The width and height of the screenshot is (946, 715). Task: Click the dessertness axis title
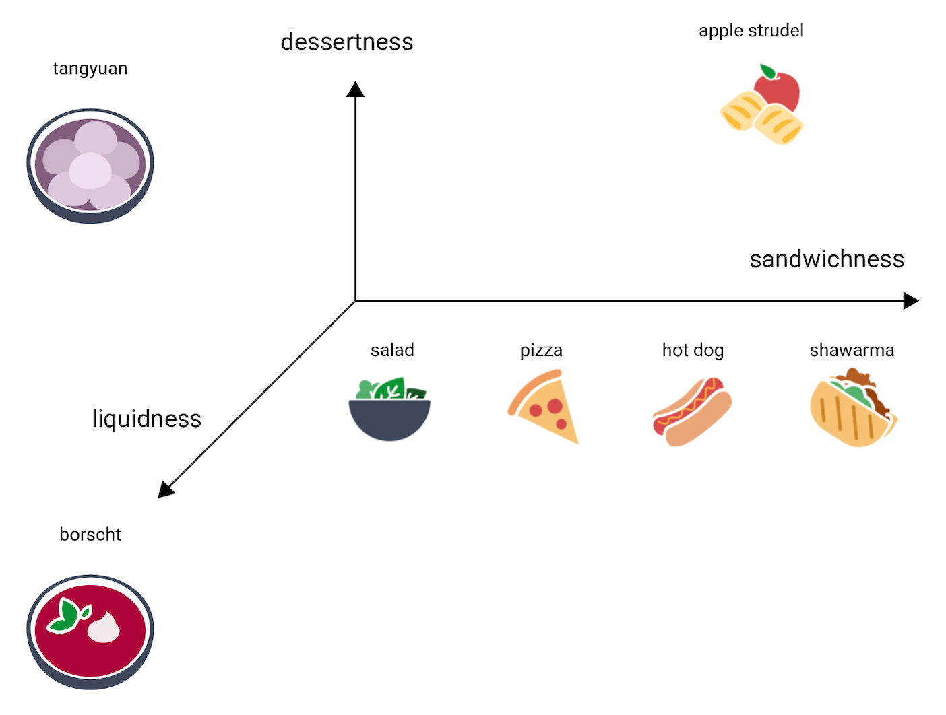click(x=346, y=42)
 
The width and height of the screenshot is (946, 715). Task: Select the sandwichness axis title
click(x=826, y=259)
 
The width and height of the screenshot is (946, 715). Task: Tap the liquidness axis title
click(x=146, y=419)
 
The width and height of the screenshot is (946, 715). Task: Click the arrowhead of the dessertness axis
click(x=355, y=89)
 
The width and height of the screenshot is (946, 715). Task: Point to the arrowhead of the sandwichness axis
click(x=911, y=301)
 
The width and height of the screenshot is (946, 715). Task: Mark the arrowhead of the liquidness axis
click(x=164, y=490)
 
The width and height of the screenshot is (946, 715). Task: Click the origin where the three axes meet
click(x=355, y=301)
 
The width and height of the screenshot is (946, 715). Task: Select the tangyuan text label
click(x=90, y=69)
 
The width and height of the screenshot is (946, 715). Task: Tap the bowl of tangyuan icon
click(x=90, y=166)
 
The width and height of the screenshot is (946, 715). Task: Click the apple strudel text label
click(x=751, y=31)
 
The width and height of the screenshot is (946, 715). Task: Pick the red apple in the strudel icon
click(x=779, y=90)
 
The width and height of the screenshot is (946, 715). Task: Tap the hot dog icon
click(x=692, y=411)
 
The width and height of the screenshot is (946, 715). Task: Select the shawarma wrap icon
click(x=853, y=409)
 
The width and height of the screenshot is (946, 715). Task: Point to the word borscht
click(x=90, y=535)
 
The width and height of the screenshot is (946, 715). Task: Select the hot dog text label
click(x=693, y=351)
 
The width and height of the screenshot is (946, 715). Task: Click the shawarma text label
click(x=852, y=351)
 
